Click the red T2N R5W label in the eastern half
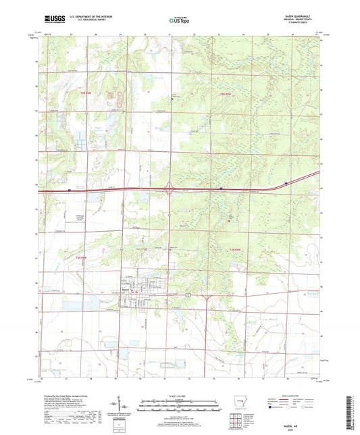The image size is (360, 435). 234,251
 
